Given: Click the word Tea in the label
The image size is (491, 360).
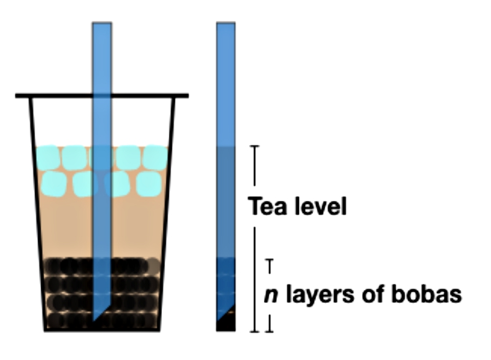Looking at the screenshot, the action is tap(267, 206).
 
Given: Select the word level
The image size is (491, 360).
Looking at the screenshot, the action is tap(320, 206).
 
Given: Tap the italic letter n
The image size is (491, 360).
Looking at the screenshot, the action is tap(271, 295).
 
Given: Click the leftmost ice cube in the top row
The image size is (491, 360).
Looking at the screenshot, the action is tap(48, 157).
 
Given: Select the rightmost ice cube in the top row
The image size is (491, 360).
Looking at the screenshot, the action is tap(156, 158).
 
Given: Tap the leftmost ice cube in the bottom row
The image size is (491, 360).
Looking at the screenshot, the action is tap(54, 184).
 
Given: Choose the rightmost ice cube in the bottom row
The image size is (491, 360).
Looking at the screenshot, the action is tap(149, 184).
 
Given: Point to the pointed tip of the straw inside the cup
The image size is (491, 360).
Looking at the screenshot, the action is tap(93, 321).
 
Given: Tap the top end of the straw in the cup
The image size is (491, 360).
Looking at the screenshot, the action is tap(102, 23).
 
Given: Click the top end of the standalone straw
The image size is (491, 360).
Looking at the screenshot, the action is tap(226, 23).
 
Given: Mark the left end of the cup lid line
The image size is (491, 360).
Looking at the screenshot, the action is tap(16, 96).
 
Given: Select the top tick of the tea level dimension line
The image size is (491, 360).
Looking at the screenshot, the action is tap(255, 146).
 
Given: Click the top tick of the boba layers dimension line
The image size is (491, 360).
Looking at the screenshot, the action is tap(269, 260).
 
